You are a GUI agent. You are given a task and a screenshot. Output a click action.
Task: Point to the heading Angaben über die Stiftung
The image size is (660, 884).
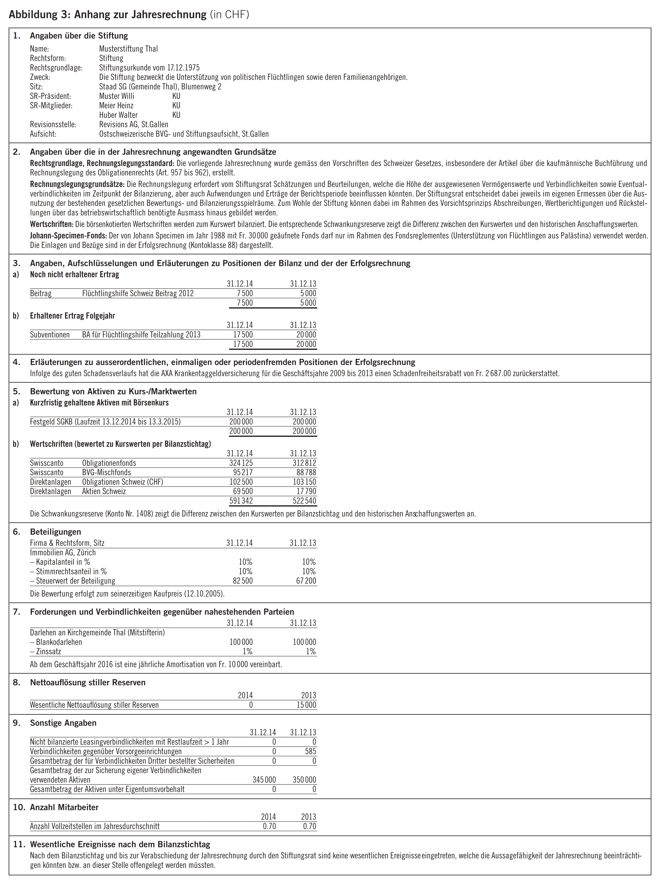click(79, 36)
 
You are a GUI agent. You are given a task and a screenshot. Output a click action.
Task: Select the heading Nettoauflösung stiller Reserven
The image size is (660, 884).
click(87, 683)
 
